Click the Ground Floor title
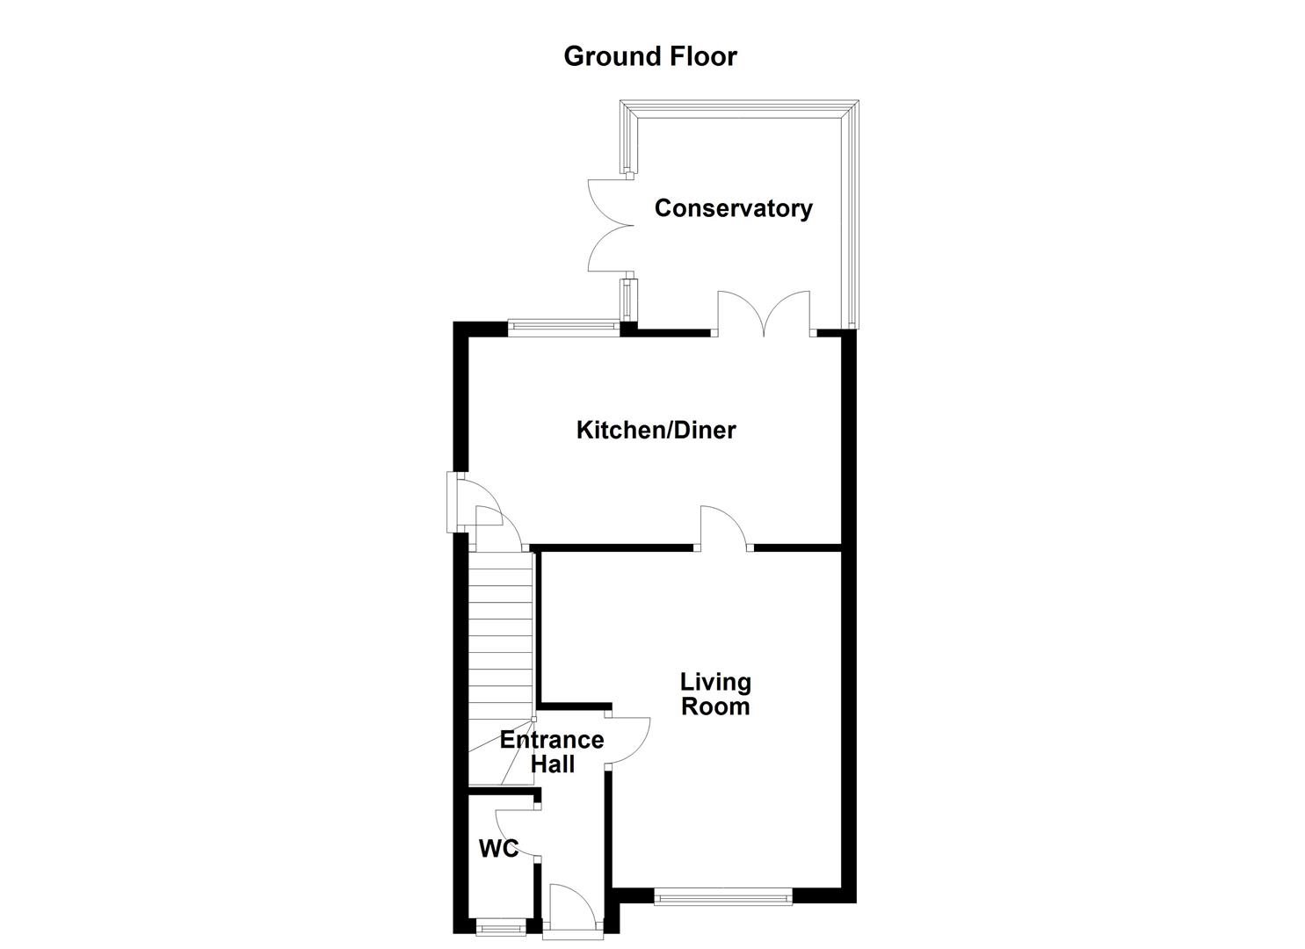pyautogui.click(x=649, y=56)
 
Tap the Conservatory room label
pyautogui.click(x=733, y=208)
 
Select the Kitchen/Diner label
pyautogui.click(x=656, y=430)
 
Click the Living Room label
pyautogui.click(x=715, y=694)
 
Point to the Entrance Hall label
pyautogui.click(x=552, y=752)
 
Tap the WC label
pyautogui.click(x=497, y=849)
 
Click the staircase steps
pyautogui.click(x=501, y=633)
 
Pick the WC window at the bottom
pyautogui.click(x=500, y=926)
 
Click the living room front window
pyautogui.click(x=722, y=897)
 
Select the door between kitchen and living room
pyautogui.click(x=723, y=529)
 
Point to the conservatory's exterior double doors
pyautogui.click(x=609, y=226)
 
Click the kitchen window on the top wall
pyautogui.click(x=563, y=327)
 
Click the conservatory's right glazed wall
pyautogui.click(x=848, y=215)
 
